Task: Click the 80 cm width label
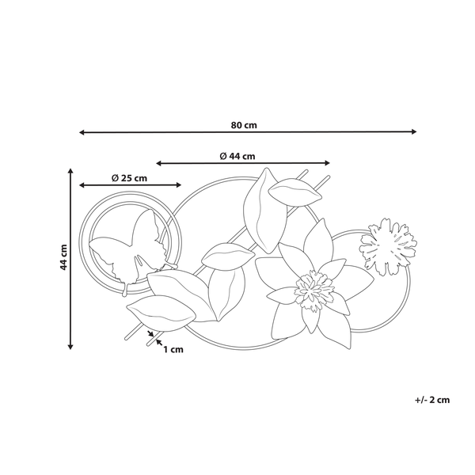point(245,125)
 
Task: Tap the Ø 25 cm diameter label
point(129,177)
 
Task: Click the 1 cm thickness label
point(173,348)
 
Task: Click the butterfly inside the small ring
point(128,248)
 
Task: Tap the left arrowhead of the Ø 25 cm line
point(80,185)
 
